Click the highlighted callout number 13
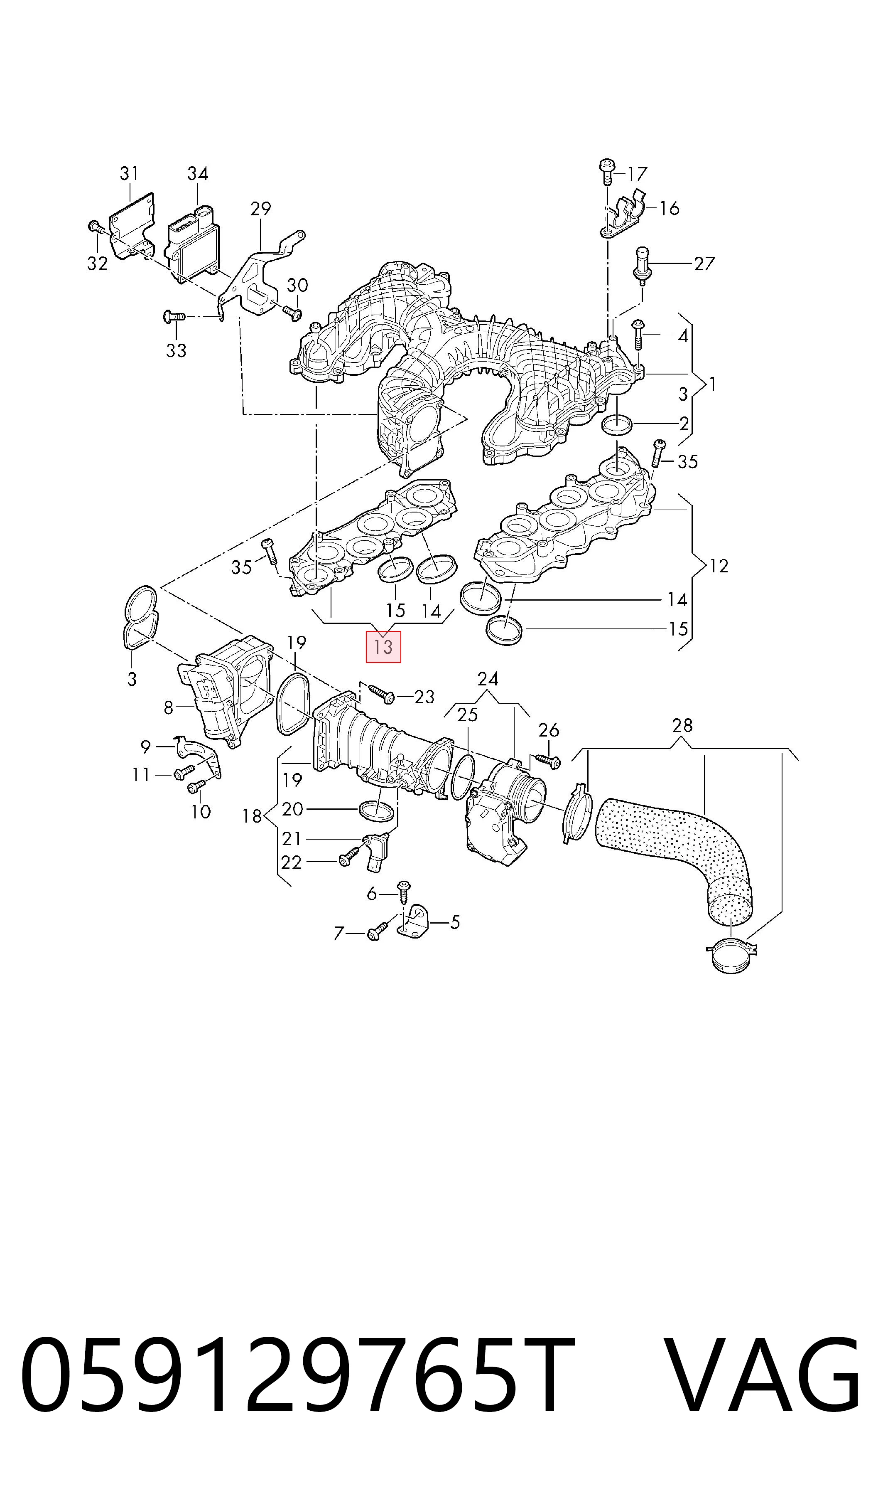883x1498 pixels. point(383,647)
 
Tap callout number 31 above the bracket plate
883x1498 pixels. point(129,173)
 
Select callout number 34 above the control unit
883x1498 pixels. point(198,173)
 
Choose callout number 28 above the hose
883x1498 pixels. point(682,725)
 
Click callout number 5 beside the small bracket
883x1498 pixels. point(455,922)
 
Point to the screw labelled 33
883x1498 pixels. point(175,317)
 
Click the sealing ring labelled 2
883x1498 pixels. point(617,425)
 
